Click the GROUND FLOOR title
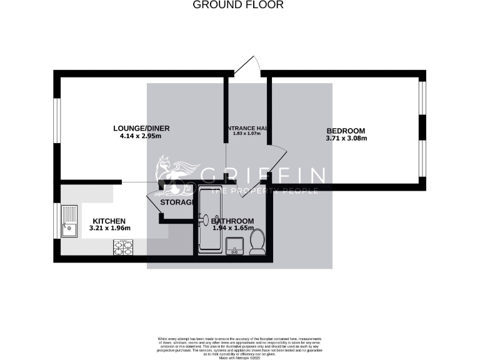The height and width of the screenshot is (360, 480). point(237,5)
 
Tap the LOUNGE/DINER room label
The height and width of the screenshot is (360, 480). point(141,129)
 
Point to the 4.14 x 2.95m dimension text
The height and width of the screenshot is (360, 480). point(141,136)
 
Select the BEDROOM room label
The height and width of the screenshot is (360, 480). point(346,131)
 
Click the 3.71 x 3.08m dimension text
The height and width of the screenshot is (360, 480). point(346,138)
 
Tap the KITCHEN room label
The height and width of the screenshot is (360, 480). point(109,221)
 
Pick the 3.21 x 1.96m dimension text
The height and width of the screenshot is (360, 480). point(109,229)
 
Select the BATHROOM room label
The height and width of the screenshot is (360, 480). point(232,221)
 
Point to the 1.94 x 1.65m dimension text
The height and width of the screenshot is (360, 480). point(232,229)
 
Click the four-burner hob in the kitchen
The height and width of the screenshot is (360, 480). point(122,247)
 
